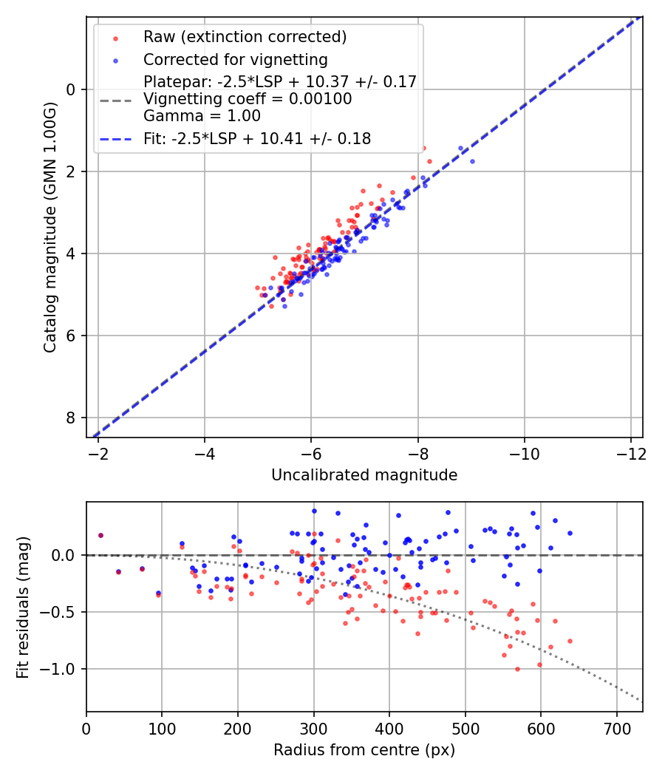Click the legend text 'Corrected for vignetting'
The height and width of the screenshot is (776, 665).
(235, 59)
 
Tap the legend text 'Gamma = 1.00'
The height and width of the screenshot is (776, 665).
(202, 116)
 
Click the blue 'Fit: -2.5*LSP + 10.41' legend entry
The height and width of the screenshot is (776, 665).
(256, 138)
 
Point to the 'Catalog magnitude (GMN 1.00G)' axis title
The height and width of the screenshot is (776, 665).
(50, 226)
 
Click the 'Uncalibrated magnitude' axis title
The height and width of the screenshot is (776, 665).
(364, 475)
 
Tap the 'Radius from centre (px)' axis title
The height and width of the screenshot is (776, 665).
(364, 750)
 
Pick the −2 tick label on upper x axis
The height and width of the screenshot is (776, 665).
(98, 452)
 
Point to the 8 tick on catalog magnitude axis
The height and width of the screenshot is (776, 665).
(72, 418)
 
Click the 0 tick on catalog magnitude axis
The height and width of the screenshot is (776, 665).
(72, 89)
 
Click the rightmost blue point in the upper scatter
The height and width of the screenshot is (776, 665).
(472, 161)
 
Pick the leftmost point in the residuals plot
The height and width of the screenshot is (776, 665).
(100, 535)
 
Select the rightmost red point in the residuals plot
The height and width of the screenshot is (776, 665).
(570, 641)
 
